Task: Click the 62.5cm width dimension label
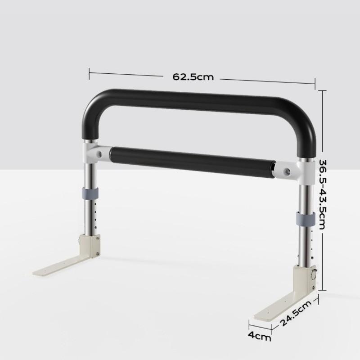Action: point(193,76)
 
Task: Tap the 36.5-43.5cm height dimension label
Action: point(322,194)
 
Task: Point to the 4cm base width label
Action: point(260,336)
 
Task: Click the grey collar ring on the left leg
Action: point(90,193)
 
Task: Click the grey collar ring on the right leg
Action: point(305,219)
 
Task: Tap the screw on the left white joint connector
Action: point(99,154)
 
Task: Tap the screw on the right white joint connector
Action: point(287,171)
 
